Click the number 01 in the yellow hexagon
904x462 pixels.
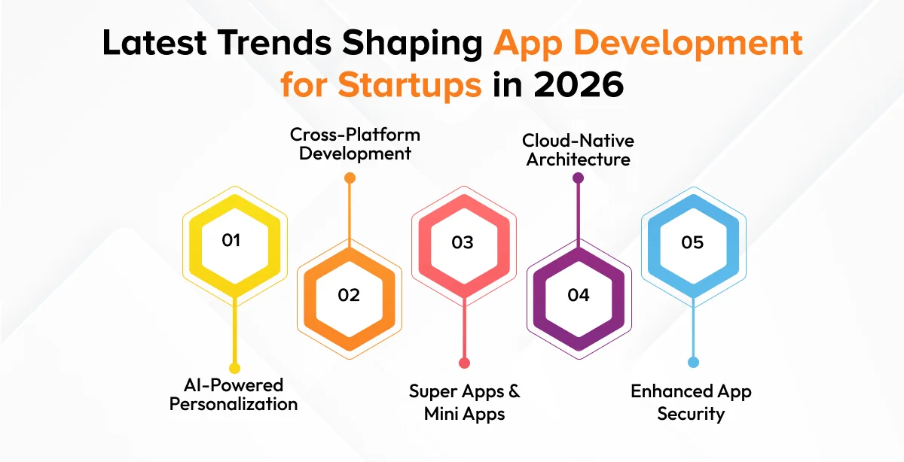pyautogui.click(x=231, y=240)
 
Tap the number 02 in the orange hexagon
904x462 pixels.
pyautogui.click(x=349, y=295)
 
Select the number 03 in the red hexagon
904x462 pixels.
pyautogui.click(x=463, y=242)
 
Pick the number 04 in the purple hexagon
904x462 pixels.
pyautogui.click(x=579, y=295)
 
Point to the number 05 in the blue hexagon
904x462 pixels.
pyautogui.click(x=692, y=242)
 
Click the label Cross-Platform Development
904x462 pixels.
pyautogui.click(x=355, y=144)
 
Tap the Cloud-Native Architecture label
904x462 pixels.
pyautogui.click(x=578, y=150)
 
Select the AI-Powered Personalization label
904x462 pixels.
pyautogui.click(x=234, y=395)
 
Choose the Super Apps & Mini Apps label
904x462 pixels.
pyautogui.click(x=465, y=403)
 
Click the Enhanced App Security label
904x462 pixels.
pyautogui.click(x=691, y=403)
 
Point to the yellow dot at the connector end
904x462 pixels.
pyautogui.click(x=234, y=368)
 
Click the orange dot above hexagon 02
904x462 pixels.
pyautogui.click(x=350, y=178)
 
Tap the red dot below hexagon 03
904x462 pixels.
pyautogui.click(x=465, y=363)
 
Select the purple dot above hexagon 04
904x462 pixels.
pyautogui.click(x=579, y=178)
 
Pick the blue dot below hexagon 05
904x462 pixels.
pyautogui.click(x=693, y=362)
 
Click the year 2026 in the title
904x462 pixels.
pyautogui.click(x=579, y=85)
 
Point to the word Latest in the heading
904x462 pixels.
pyautogui.click(x=154, y=42)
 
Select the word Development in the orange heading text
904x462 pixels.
pyautogui.click(x=688, y=44)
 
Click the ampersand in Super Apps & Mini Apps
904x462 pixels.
pyautogui.click(x=514, y=391)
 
